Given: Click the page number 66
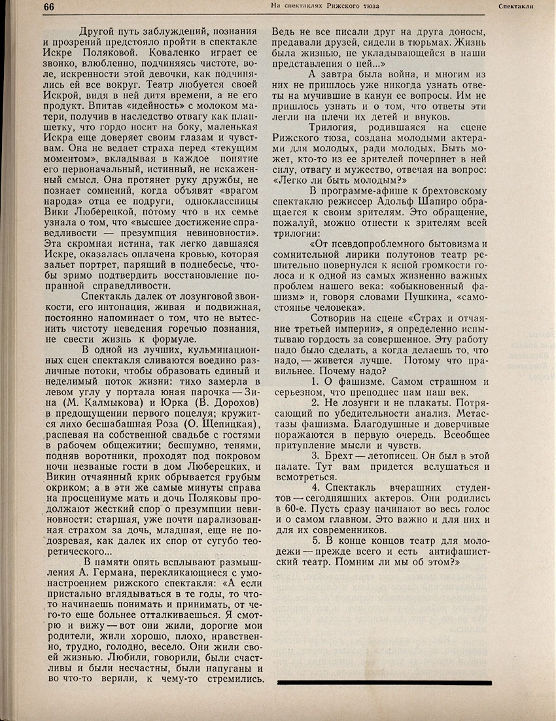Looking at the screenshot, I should [x=50, y=7].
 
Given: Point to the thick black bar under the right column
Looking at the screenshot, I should [x=384, y=682].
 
